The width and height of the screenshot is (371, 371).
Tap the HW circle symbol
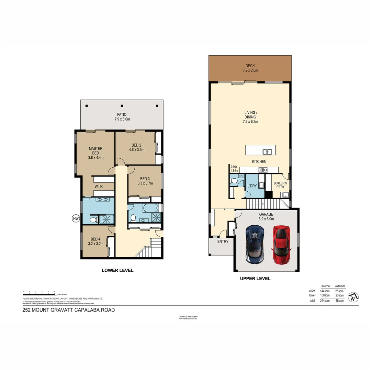(x=75, y=218)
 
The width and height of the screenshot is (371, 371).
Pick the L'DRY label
(x=252, y=186)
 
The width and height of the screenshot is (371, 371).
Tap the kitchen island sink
(x=267, y=151)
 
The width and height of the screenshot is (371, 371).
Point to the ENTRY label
(x=223, y=241)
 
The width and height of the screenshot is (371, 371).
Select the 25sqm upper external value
(x=339, y=291)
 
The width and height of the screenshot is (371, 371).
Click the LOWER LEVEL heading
(x=117, y=270)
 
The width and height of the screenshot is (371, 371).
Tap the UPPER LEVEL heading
(x=255, y=279)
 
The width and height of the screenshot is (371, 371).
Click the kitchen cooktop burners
(x=263, y=169)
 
